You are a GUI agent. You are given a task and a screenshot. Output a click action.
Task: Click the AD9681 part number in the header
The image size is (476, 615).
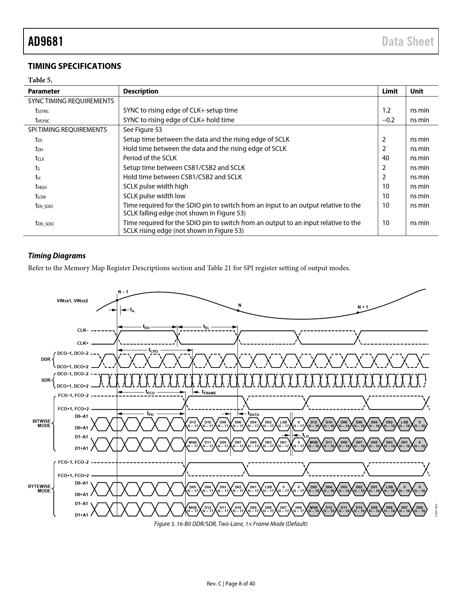(46, 41)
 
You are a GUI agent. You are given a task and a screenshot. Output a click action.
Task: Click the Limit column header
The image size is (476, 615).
(390, 91)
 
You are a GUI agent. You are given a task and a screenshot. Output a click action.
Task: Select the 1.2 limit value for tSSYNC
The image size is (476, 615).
(386, 110)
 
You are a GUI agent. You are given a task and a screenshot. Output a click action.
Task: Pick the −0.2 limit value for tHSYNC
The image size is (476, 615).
(388, 120)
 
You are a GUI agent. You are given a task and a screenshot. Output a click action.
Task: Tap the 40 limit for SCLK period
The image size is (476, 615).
(386, 158)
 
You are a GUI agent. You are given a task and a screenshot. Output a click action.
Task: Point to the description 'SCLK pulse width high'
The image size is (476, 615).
(156, 186)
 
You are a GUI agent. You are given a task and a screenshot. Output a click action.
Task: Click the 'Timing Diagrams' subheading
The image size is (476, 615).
(57, 256)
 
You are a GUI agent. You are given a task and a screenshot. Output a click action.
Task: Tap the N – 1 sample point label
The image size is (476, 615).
(123, 292)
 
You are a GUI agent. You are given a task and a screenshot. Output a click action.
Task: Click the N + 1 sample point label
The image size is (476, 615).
(363, 307)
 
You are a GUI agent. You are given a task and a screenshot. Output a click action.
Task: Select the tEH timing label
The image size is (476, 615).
(146, 327)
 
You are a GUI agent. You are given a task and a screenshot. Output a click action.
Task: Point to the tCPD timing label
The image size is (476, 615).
(153, 350)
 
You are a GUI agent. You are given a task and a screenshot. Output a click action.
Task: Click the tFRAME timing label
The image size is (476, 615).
(209, 392)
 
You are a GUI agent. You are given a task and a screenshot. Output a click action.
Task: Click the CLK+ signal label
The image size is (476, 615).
(83, 343)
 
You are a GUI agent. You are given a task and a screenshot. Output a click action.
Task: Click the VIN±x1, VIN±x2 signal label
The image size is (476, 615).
(72, 300)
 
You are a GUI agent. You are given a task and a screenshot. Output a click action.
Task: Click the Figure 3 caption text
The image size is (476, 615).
(231, 524)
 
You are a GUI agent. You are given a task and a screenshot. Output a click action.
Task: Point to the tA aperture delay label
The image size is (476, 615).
(132, 310)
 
